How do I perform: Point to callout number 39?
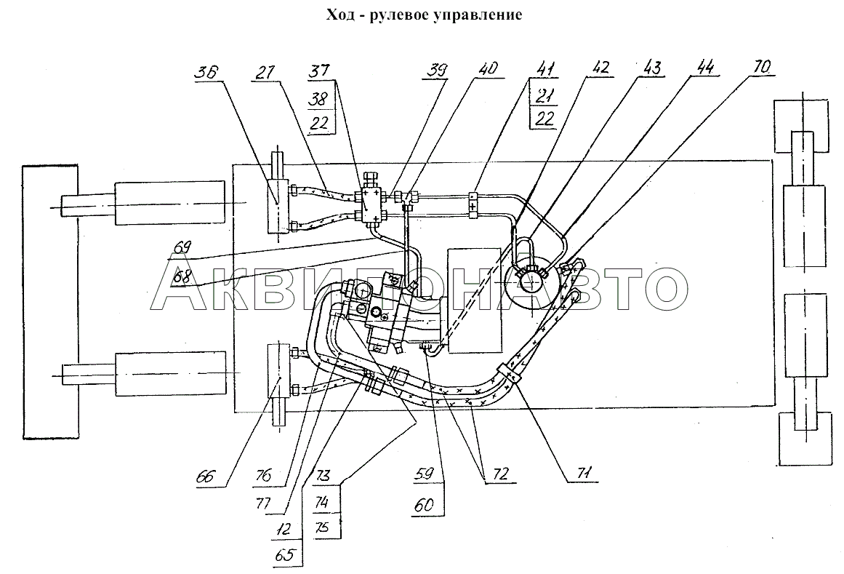pos(437,71)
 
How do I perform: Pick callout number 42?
pos(600,68)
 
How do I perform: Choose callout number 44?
pos(704,68)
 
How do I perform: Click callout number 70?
pos(762,68)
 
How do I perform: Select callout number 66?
pos(206,476)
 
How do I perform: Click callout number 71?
pos(584,474)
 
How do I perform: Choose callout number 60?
pos(424,505)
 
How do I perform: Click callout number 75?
pos(323,527)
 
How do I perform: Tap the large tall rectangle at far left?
pos(51,302)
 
